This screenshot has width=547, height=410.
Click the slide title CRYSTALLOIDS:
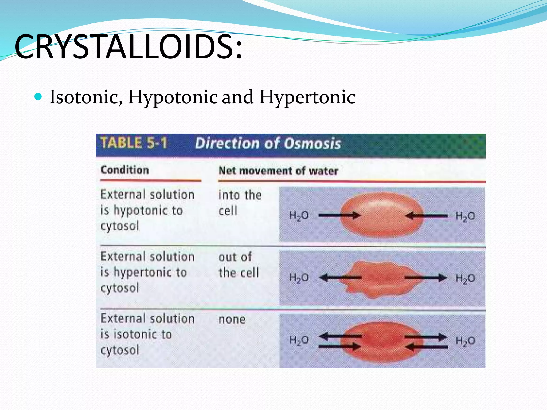128,47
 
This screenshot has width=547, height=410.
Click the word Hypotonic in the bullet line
173,97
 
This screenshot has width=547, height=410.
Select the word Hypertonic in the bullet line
307,97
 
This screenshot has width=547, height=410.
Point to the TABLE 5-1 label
134,143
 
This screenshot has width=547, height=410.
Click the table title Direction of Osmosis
268,143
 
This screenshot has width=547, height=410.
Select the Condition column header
125,170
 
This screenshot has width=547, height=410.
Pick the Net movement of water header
278,171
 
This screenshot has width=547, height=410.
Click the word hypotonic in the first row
148,211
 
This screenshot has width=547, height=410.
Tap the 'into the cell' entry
240,203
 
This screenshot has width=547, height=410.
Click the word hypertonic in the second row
150,273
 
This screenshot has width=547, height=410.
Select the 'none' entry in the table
232,319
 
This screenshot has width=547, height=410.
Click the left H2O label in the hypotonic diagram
299,216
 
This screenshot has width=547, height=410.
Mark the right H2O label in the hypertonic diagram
465,278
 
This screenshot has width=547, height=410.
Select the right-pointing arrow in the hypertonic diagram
426,278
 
